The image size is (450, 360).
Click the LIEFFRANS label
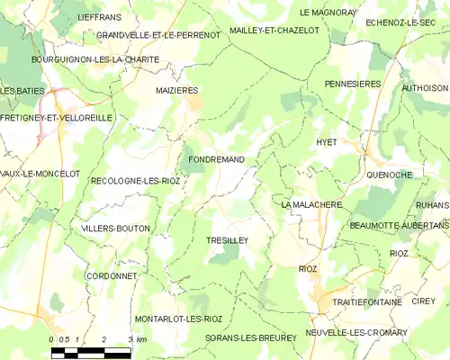pos(98,18)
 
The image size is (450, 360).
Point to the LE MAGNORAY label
pos(328,13)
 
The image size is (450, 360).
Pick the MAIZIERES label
pos(176,90)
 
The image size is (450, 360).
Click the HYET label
pos(327,142)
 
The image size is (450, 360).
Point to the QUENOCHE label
pos(390,174)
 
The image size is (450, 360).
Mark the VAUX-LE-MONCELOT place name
pos(40,173)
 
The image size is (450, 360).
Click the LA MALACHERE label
pos(311,205)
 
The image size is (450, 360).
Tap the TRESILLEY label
pos(227,240)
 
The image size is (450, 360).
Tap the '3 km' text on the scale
pos(137,338)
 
